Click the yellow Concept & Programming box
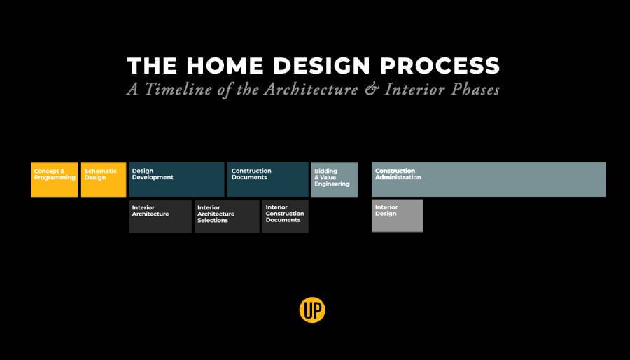point(54,179)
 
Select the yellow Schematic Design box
point(104,179)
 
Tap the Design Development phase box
point(176,179)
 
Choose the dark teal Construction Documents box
point(268,179)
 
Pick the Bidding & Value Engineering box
point(335,179)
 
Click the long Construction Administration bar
point(489,179)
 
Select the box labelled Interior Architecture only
point(160,216)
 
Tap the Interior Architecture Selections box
point(227,216)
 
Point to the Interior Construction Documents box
point(286,216)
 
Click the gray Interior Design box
point(398,216)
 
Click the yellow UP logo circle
point(312,310)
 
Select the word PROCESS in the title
point(440,66)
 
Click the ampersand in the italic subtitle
point(372,89)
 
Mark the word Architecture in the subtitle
point(311,89)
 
